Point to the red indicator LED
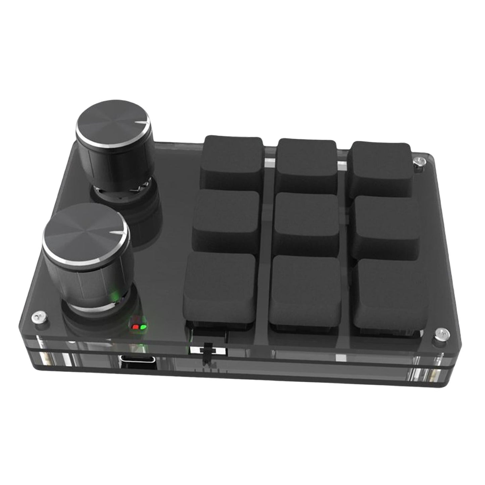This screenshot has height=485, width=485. pyautogui.click(x=136, y=326)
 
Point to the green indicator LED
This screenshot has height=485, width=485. pyautogui.click(x=143, y=326)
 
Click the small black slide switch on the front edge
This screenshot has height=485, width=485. pyautogui.click(x=208, y=350)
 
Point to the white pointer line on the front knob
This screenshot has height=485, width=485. pyautogui.click(x=117, y=232)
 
